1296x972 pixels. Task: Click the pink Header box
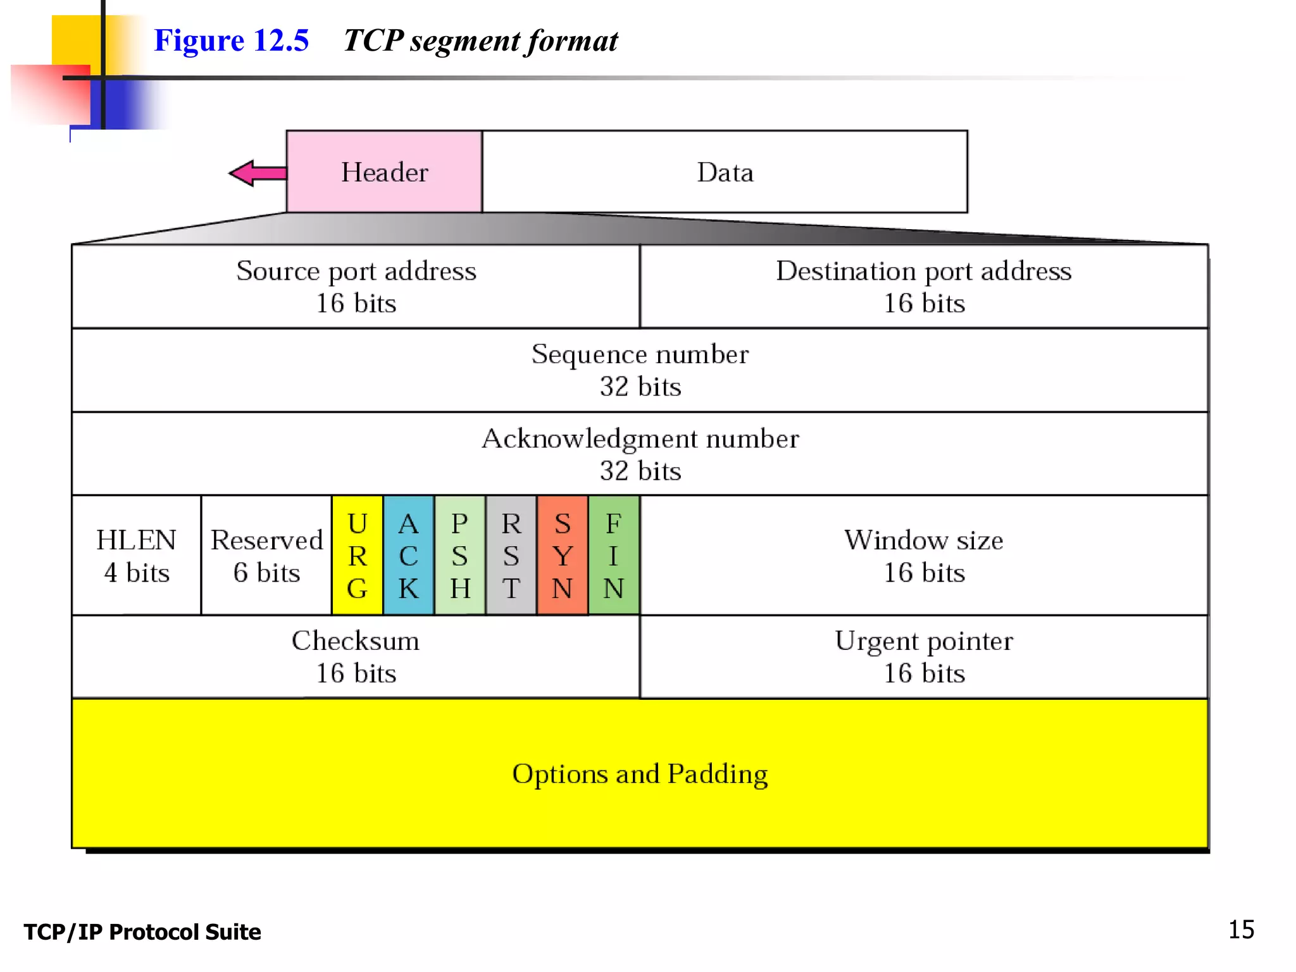384,171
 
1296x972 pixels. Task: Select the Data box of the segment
725,171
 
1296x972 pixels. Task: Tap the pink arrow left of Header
256,173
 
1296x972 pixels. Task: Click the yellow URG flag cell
358,555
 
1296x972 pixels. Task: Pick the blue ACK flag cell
409,555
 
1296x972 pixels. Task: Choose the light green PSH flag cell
460,555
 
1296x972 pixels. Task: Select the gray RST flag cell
511,555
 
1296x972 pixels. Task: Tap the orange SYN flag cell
563,555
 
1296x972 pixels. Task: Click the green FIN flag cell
614,555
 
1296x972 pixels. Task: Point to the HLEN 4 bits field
136,555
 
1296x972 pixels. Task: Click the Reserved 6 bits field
266,555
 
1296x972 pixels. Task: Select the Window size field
924,555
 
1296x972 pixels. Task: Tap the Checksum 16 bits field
356,656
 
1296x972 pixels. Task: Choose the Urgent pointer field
924,656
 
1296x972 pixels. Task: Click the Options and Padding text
640,773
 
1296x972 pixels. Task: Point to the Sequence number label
640,354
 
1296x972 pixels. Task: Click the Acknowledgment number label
640,438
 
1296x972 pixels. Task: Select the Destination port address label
924,271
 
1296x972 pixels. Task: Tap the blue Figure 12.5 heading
232,40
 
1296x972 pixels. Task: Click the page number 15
1241,930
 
